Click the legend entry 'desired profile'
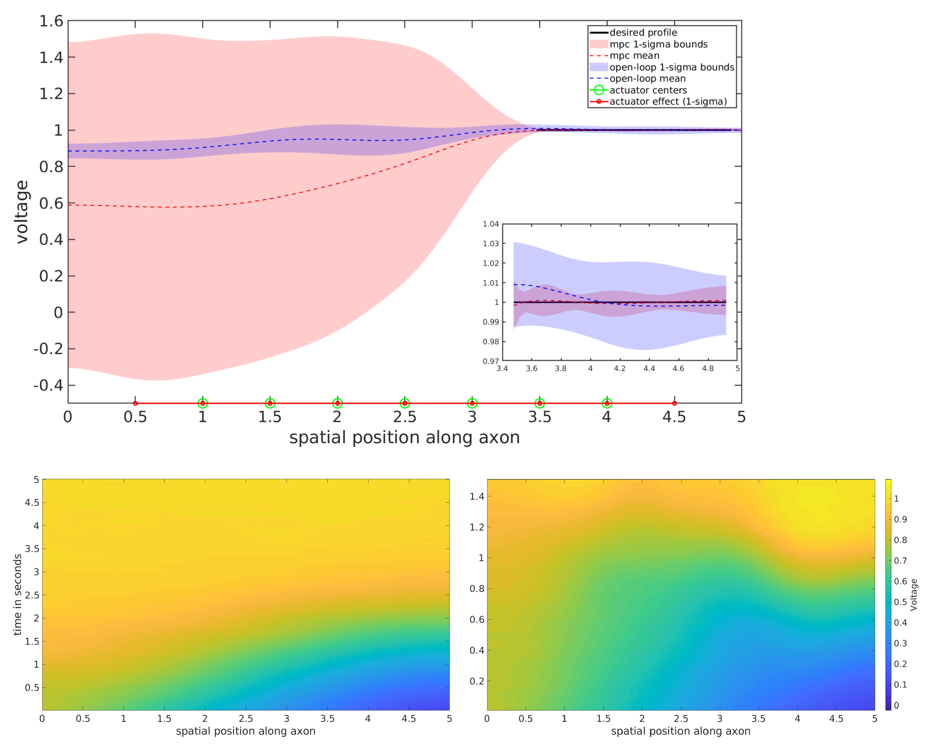click(x=643, y=32)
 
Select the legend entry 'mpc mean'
click(x=634, y=56)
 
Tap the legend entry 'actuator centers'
click(x=648, y=90)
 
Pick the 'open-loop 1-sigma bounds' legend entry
click(x=671, y=67)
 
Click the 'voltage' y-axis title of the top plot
click(x=22, y=212)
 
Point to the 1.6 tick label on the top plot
click(x=51, y=21)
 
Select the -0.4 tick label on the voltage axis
click(x=48, y=385)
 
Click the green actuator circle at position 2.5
click(x=404, y=403)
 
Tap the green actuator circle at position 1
click(x=203, y=403)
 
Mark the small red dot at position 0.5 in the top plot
click(x=136, y=403)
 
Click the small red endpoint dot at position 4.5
click(x=674, y=403)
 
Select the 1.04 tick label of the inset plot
click(x=490, y=224)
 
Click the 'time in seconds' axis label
click(x=18, y=594)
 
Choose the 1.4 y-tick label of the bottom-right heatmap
click(x=477, y=496)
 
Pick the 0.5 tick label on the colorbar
click(x=900, y=602)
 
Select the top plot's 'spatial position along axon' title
click(x=404, y=437)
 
